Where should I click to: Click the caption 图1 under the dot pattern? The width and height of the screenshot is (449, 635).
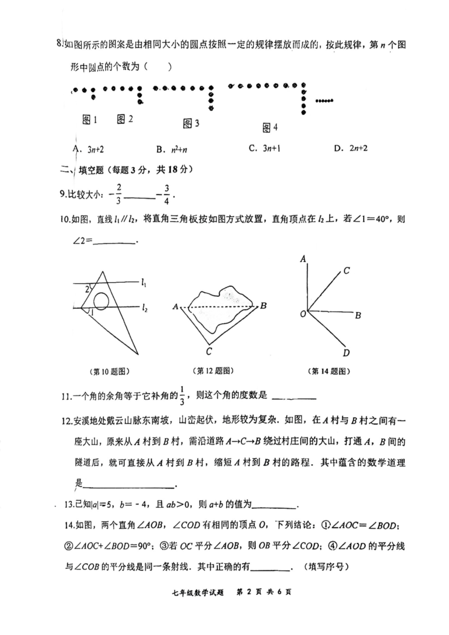click(90, 119)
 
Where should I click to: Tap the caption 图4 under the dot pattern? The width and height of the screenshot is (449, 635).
click(270, 128)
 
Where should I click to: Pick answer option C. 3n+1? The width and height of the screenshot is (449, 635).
click(262, 149)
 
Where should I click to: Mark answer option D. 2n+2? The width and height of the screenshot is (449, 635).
click(351, 149)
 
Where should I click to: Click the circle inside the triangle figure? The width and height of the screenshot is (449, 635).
click(101, 301)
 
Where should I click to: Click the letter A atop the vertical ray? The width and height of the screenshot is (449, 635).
click(304, 258)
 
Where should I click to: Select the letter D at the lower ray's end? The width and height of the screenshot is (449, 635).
click(346, 353)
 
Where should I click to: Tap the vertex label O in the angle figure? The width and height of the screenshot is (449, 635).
click(303, 313)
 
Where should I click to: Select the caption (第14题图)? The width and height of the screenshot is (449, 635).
click(329, 372)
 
